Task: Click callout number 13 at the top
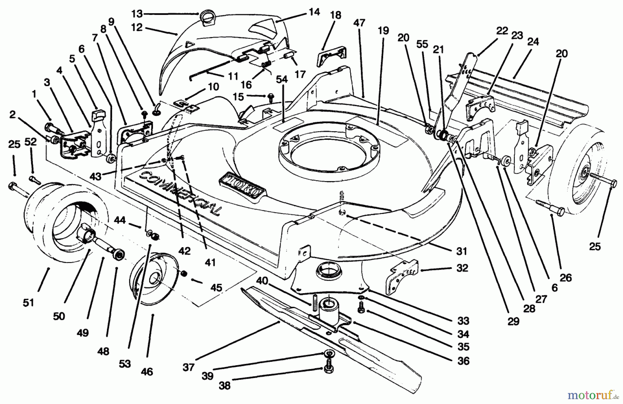tap(137, 14)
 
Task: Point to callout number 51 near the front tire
tap(29, 302)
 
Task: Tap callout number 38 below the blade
tap(225, 385)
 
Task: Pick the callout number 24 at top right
tap(533, 42)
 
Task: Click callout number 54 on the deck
tap(282, 80)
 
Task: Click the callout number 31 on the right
tap(461, 251)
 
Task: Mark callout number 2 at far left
tap(13, 115)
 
